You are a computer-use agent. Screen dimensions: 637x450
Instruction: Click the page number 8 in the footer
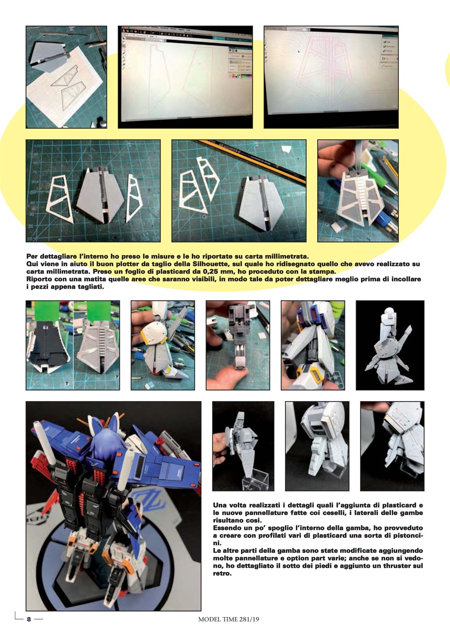(29, 620)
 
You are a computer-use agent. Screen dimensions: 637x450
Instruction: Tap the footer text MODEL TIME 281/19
(229, 620)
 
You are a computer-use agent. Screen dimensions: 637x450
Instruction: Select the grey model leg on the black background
(389, 346)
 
